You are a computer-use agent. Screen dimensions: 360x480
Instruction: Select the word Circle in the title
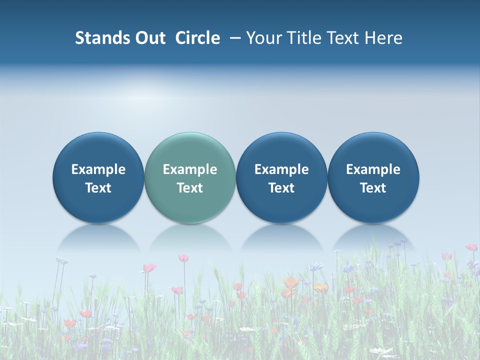[x=197, y=38]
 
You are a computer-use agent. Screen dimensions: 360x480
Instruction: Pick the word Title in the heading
[x=303, y=38]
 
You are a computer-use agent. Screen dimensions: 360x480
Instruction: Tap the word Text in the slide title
[x=343, y=38]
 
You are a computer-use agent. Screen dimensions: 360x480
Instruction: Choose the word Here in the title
[x=383, y=38]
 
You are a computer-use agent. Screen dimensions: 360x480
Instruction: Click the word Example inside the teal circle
[x=190, y=169]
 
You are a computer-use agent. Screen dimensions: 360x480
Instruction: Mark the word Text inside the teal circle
[x=190, y=188]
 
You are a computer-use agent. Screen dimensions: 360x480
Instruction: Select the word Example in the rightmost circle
[x=373, y=169]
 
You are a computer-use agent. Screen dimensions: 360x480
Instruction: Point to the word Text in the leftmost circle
[x=98, y=188]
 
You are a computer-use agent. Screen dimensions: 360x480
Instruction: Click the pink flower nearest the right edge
[x=471, y=247]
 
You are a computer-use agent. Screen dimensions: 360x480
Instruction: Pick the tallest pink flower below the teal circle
[x=183, y=258]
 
